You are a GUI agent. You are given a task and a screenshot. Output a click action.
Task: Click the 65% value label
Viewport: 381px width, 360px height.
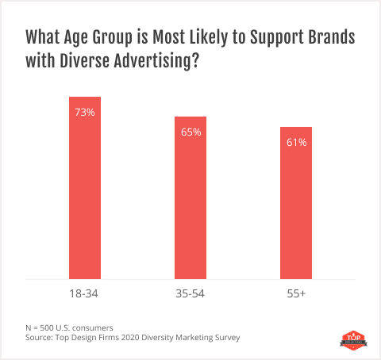[190, 132]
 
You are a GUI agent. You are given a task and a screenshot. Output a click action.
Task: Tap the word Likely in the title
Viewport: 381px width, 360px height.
[206, 38]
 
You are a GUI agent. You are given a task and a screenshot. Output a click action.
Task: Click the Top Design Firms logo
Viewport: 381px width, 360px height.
[349, 339]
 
